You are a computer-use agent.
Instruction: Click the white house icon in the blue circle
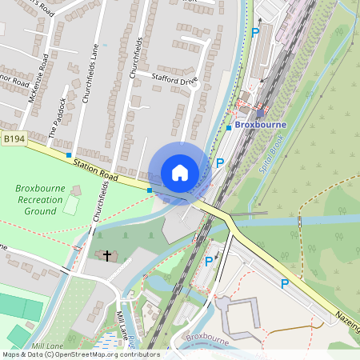point(180,173)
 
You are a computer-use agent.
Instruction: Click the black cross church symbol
point(106,255)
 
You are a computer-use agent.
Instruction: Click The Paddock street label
point(61,118)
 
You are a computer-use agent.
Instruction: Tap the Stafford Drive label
point(174,78)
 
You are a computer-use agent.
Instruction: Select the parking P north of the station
point(255,33)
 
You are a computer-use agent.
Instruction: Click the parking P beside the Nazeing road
point(284,283)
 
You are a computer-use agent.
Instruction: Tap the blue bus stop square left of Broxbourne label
point(229,127)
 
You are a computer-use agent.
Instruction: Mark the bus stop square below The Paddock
point(69,154)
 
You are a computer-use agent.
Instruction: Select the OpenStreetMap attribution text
point(80,354)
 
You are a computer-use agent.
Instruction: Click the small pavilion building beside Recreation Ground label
point(76,190)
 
